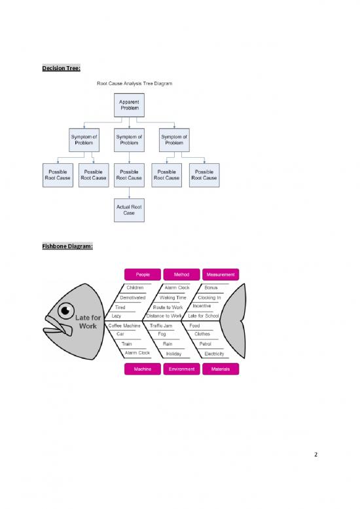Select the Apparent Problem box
(130, 105)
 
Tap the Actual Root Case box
(130, 210)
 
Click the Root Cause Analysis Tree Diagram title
(130, 83)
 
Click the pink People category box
(142, 274)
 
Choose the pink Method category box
(181, 274)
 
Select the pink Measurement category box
(220, 274)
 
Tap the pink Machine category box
(142, 369)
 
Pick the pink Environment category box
(181, 369)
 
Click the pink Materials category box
(220, 369)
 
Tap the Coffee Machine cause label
(125, 326)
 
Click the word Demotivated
(133, 297)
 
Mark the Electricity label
(215, 354)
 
